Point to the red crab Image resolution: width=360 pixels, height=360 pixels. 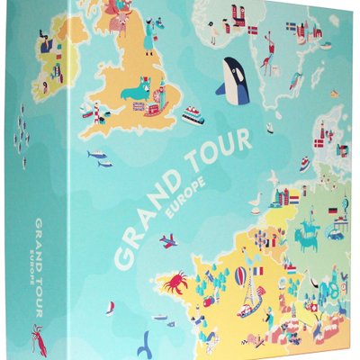point(174,283)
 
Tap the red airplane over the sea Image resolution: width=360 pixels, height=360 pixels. point(168,240)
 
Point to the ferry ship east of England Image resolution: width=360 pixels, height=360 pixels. point(193,114)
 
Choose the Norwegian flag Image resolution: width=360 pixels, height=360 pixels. point(256,30)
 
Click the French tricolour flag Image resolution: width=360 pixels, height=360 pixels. point(257,270)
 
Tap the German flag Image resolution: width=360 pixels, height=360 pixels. point(332,211)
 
